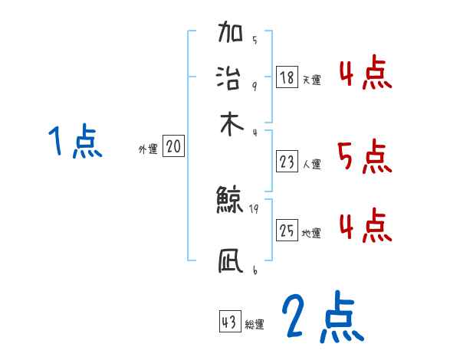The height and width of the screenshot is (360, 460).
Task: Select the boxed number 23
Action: click(x=287, y=162)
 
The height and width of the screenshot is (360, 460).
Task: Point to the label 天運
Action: click(x=311, y=80)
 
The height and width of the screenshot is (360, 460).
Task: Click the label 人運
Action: click(x=311, y=164)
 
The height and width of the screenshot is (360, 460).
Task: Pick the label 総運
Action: click(x=255, y=325)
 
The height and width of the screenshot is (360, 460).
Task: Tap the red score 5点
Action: click(x=365, y=157)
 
